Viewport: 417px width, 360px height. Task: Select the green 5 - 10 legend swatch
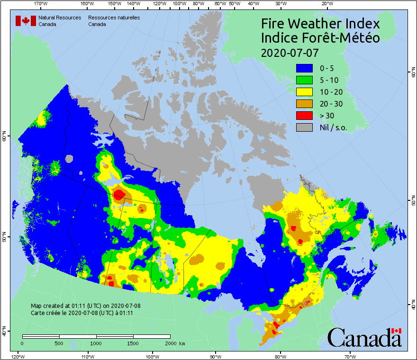click(x=304, y=81)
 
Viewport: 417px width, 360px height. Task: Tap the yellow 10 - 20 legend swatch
click(x=304, y=92)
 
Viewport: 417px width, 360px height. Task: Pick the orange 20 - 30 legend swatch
click(x=304, y=104)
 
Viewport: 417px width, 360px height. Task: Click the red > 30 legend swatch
click(x=304, y=116)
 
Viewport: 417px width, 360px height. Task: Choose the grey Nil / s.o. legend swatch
click(x=304, y=127)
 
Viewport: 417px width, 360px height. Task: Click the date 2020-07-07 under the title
click(x=290, y=52)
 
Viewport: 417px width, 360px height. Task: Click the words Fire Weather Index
click(x=320, y=24)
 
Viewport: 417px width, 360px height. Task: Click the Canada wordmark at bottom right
click(x=364, y=338)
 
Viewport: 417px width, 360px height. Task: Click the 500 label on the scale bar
click(x=59, y=343)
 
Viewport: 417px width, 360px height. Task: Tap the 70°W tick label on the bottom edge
click(x=350, y=356)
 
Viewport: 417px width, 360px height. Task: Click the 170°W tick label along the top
click(x=41, y=3)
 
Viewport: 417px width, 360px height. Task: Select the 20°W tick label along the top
click(x=326, y=3)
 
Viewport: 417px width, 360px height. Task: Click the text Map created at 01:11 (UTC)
click(x=86, y=306)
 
